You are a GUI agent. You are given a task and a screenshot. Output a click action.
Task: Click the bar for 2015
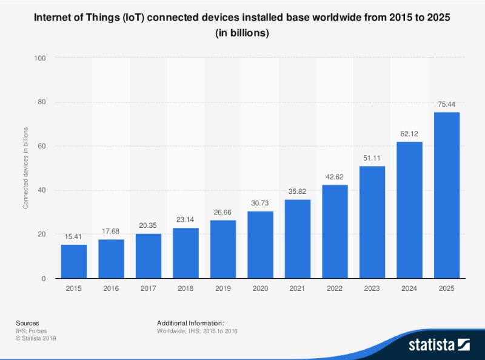(74, 261)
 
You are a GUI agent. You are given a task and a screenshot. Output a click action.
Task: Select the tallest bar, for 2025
(447, 195)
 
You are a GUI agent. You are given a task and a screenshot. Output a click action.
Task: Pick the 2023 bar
(372, 222)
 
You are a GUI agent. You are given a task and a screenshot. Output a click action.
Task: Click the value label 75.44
(447, 104)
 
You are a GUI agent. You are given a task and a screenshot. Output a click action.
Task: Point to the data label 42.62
(335, 177)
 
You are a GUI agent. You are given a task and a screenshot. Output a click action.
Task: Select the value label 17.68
(111, 232)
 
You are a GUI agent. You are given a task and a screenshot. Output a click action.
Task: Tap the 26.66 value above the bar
(223, 212)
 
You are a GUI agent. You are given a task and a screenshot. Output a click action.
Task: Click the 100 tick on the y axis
(41, 58)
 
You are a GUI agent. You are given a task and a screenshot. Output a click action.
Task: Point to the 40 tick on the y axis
(42, 190)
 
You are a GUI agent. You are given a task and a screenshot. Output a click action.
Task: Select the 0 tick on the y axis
(44, 279)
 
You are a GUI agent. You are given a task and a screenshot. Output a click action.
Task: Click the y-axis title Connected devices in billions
(26, 168)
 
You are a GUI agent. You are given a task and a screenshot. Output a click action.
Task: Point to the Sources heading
(27, 323)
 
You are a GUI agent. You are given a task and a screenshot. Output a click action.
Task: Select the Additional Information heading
(190, 323)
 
